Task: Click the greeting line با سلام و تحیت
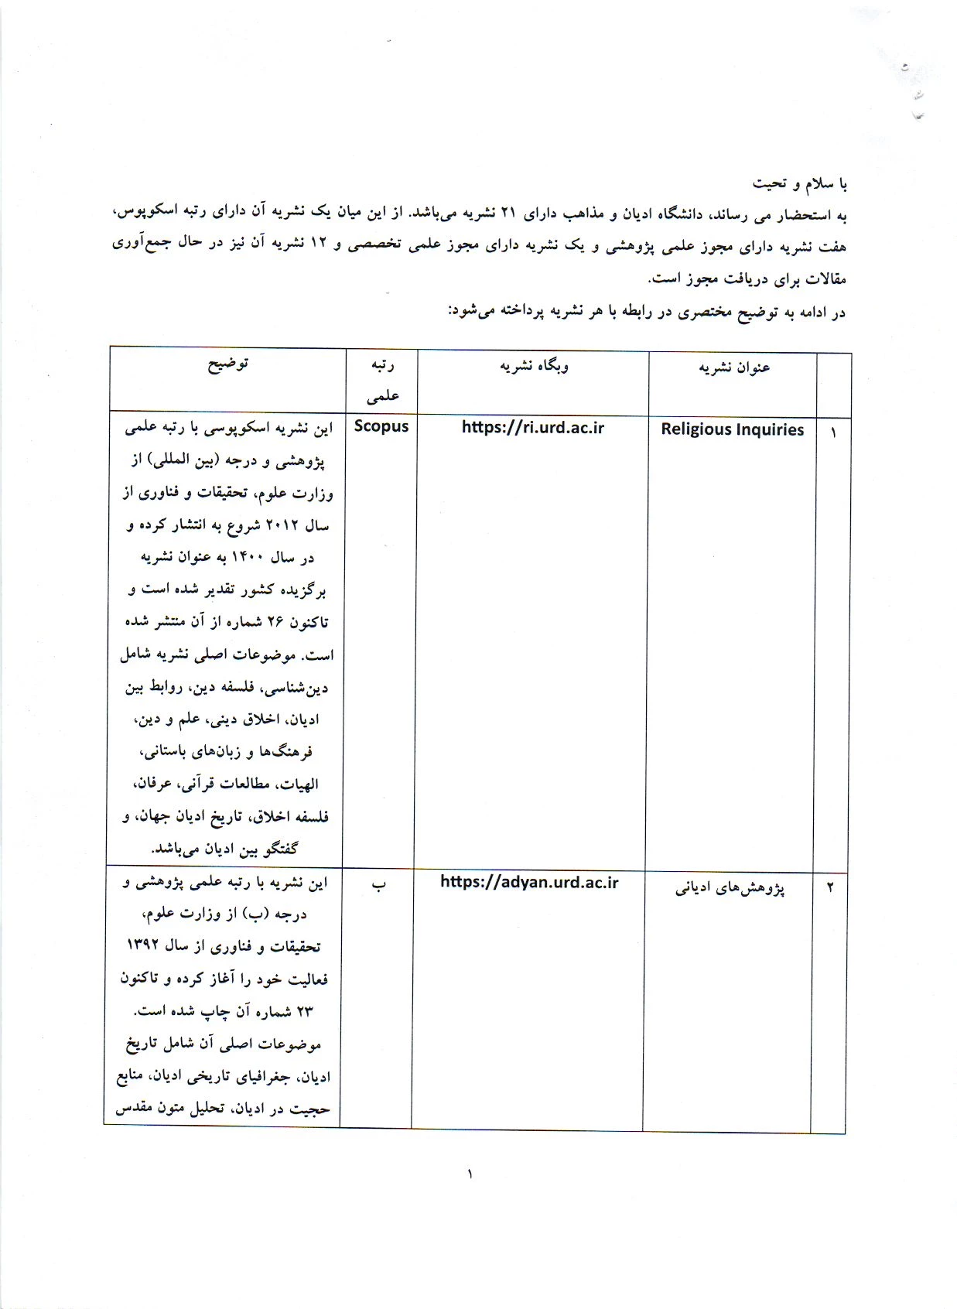[800, 183]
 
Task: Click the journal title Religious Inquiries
[732, 429]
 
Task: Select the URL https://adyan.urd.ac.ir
[529, 882]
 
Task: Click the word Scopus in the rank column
[381, 426]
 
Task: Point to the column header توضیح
[227, 364]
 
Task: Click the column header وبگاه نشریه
[533, 366]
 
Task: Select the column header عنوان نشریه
[733, 367]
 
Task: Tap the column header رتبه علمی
[382, 380]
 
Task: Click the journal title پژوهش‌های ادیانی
[730, 888]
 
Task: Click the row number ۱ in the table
[833, 432]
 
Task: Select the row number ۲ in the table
[830, 887]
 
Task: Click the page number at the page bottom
[470, 1174]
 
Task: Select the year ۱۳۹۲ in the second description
[147, 945]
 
